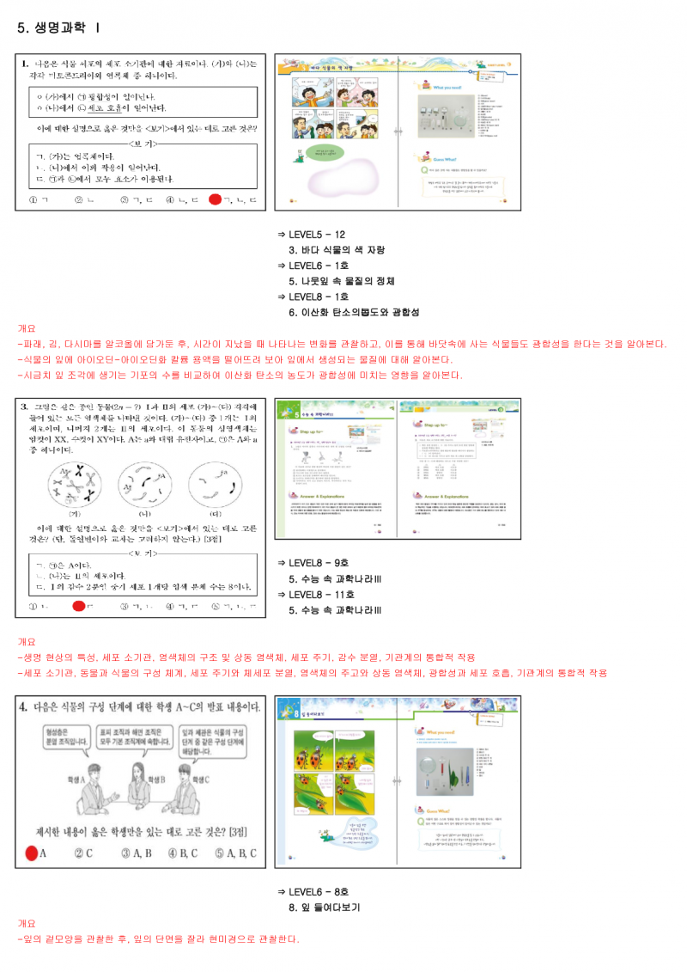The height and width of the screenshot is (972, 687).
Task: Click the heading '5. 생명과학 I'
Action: pyautogui.click(x=58, y=28)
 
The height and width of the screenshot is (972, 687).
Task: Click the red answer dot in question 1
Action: pyautogui.click(x=216, y=200)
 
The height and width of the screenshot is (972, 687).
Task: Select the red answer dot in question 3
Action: pyautogui.click(x=78, y=607)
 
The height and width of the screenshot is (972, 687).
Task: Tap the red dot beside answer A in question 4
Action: pyautogui.click(x=32, y=853)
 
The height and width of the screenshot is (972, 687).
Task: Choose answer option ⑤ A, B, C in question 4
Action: pyautogui.click(x=238, y=853)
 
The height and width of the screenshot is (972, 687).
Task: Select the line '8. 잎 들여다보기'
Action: pyautogui.click(x=324, y=907)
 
